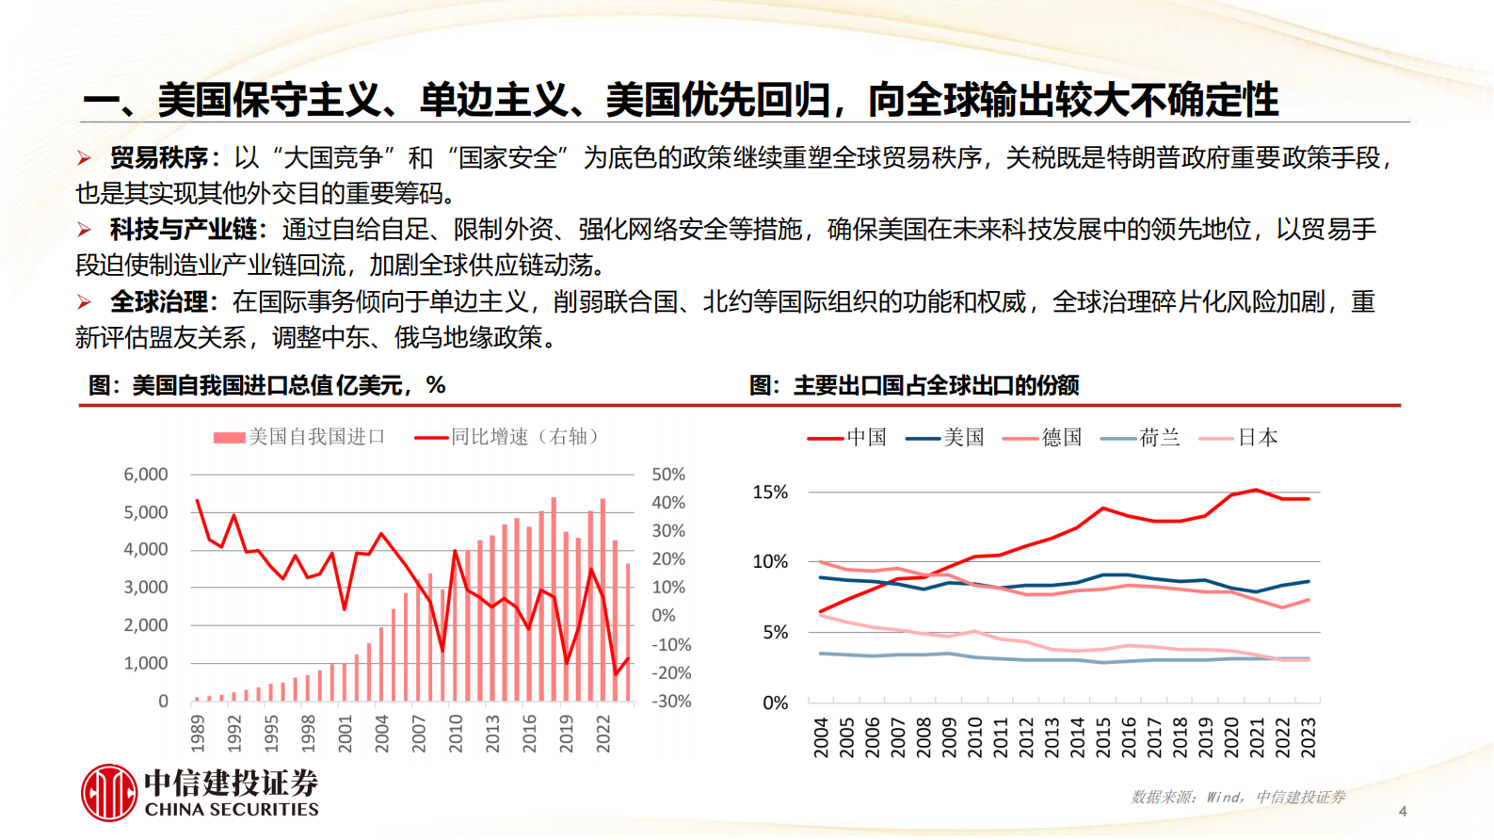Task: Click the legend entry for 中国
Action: (x=847, y=438)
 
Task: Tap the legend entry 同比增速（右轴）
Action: (x=508, y=437)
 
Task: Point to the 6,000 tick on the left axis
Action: (x=146, y=475)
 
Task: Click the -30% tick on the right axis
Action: (x=671, y=702)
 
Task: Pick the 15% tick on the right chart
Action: (x=770, y=493)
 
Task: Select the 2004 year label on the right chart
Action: (x=821, y=737)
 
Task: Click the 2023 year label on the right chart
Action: (x=1308, y=737)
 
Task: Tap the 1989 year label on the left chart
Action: (x=198, y=734)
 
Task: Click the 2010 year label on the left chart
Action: (x=456, y=734)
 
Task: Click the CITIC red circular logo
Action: (x=109, y=792)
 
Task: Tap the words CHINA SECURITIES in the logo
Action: (x=232, y=810)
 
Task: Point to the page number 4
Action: (x=1403, y=811)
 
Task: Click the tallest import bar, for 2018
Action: (x=554, y=599)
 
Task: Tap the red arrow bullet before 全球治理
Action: (x=85, y=302)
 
